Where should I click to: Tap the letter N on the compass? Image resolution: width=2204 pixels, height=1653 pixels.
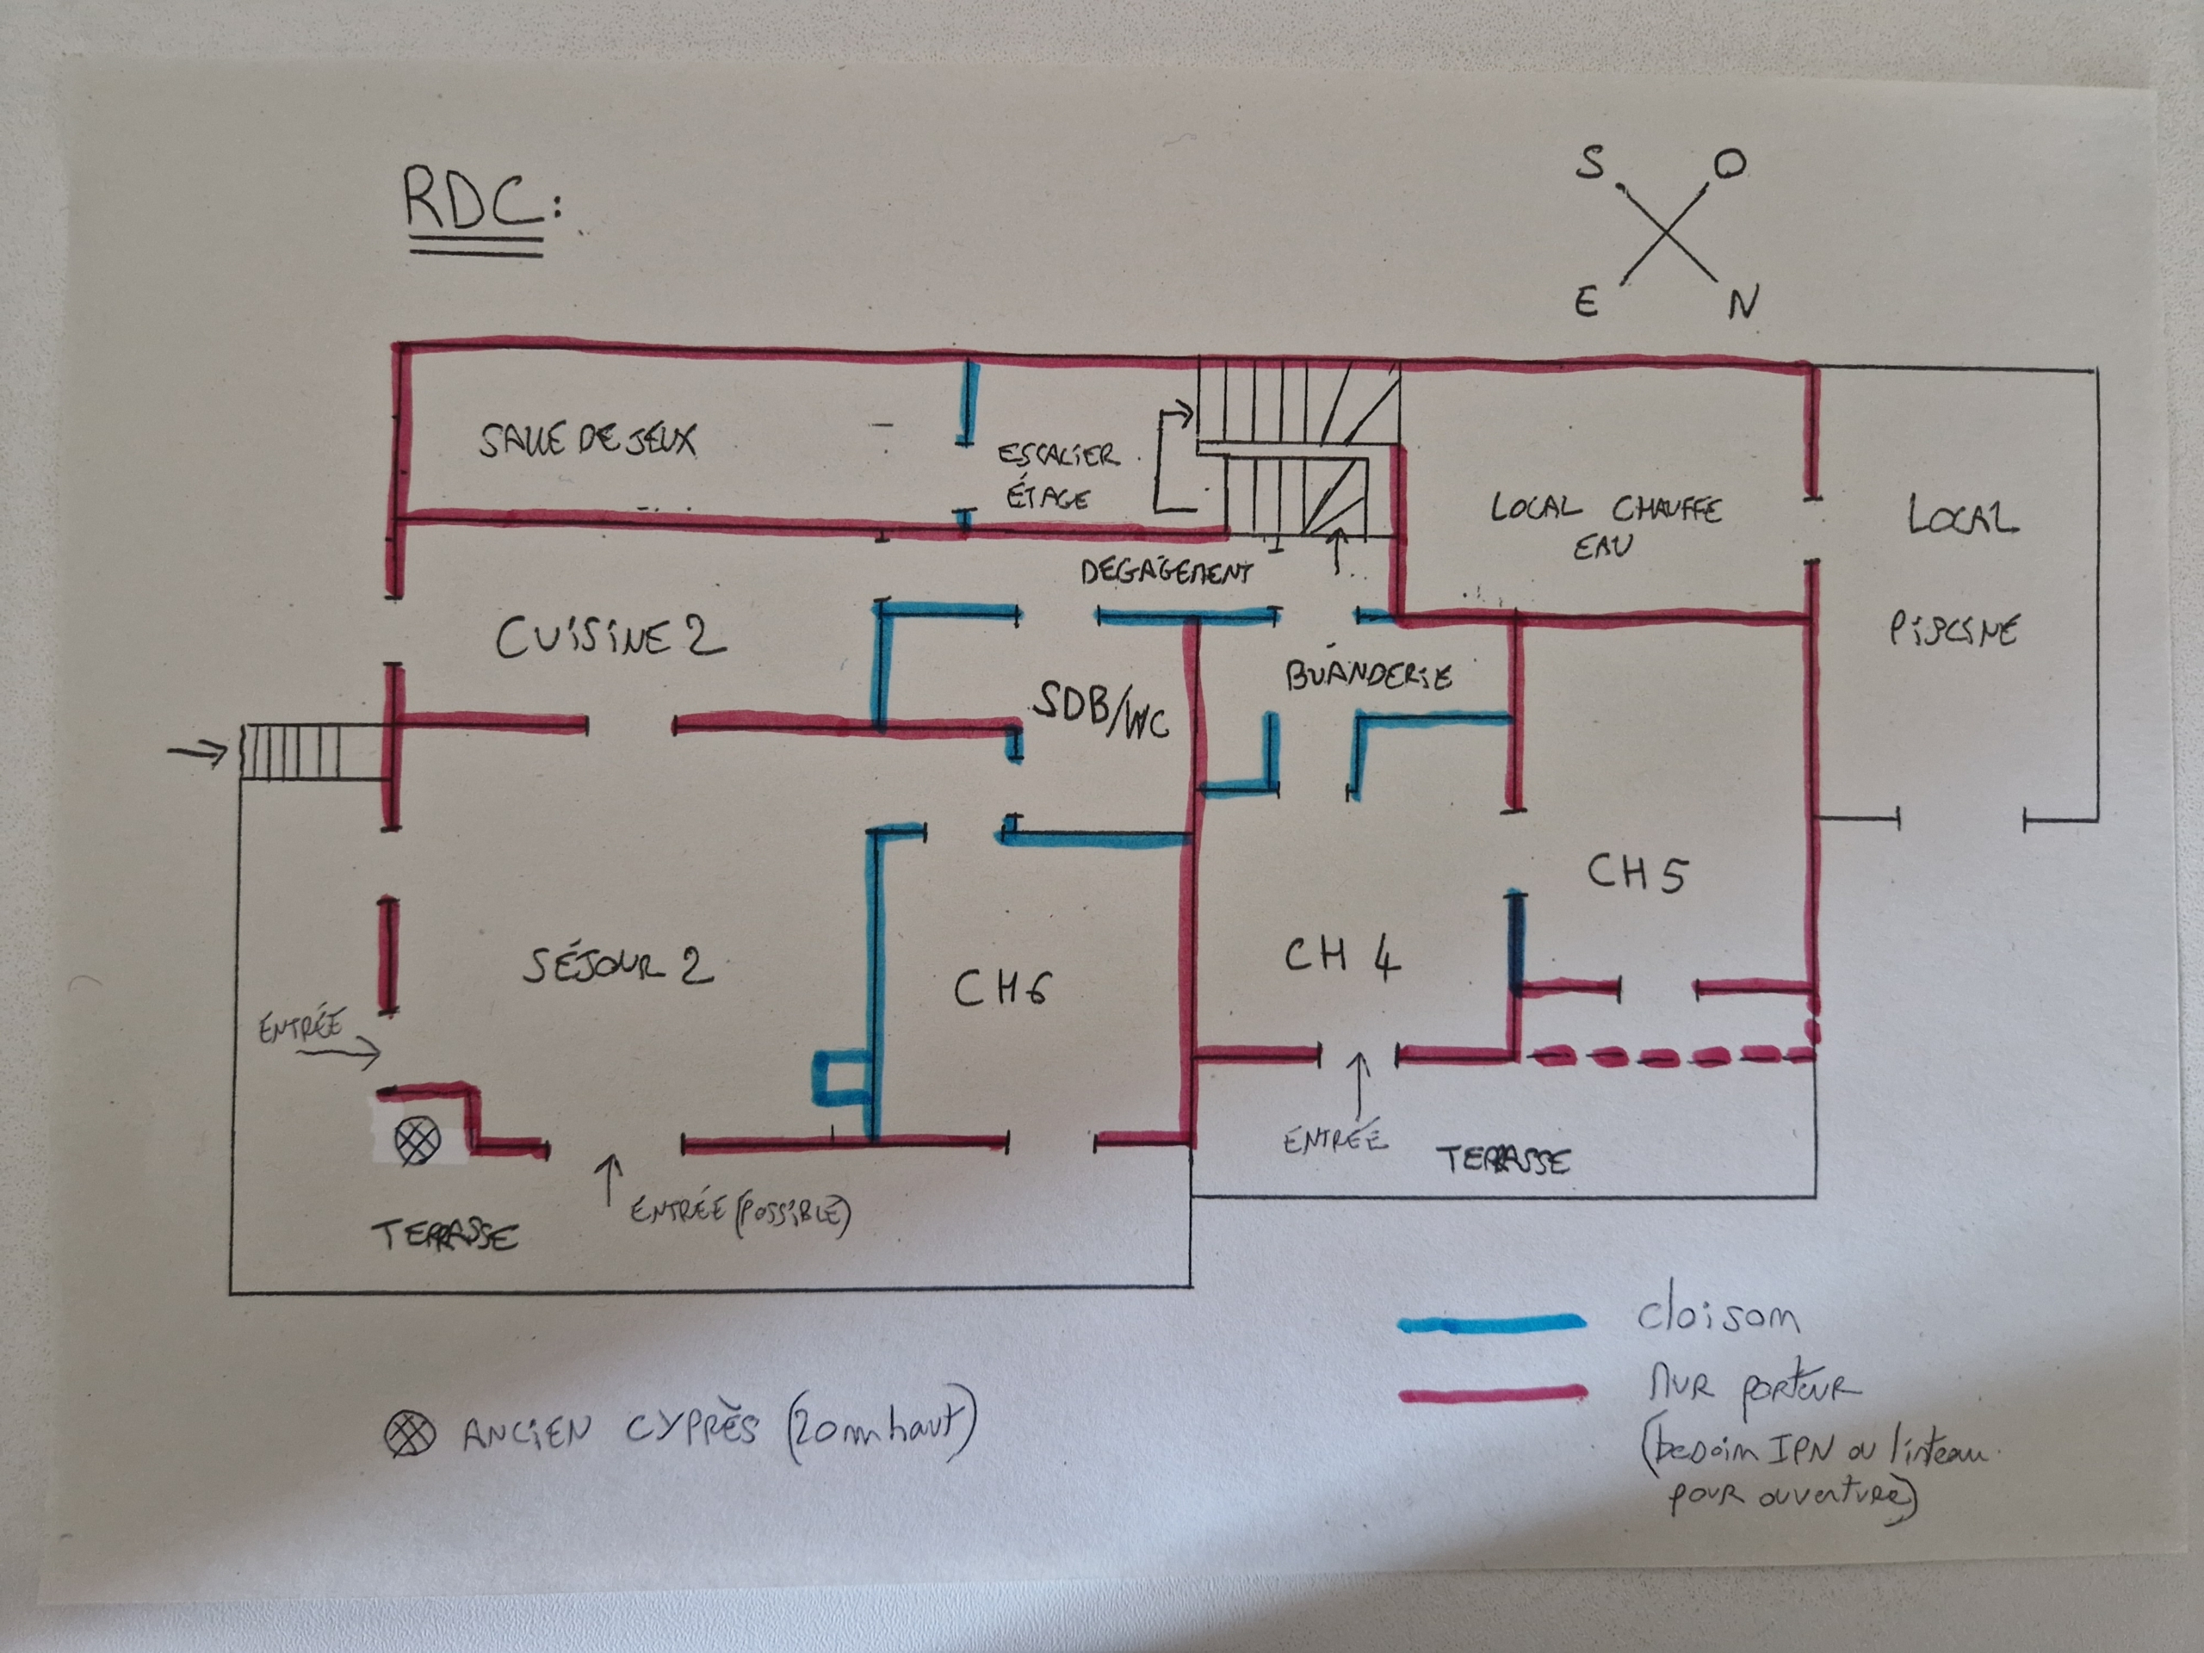point(1743,302)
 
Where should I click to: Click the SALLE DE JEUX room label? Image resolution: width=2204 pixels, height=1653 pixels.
point(587,439)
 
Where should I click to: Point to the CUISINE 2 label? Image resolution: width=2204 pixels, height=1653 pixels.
point(610,638)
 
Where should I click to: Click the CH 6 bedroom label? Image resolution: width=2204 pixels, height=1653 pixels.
point(1000,989)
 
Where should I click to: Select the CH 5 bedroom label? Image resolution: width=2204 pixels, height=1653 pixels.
point(1636,873)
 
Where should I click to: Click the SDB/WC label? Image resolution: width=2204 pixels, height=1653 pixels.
point(1100,709)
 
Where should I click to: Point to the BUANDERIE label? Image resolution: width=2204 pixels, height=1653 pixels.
point(1368,676)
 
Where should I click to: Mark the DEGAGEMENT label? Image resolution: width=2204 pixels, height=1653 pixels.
point(1166,571)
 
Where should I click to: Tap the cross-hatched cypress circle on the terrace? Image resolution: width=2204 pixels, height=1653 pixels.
point(418,1139)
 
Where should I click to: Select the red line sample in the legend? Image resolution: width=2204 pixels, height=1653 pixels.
point(1493,1393)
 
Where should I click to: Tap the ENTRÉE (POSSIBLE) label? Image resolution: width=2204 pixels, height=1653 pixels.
point(740,1214)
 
